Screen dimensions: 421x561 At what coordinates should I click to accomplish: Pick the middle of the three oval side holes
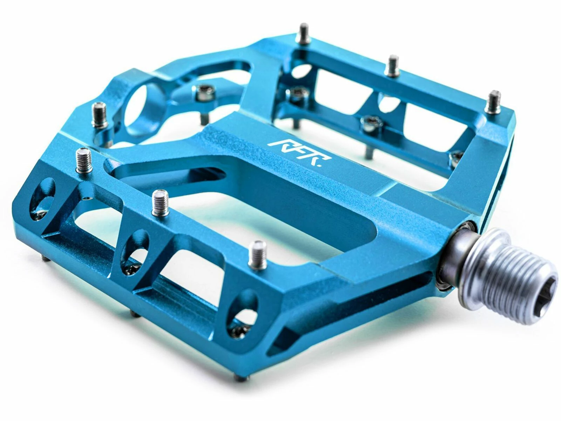pos(135,248)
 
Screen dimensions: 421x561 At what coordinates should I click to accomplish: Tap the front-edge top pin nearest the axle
pos(257,255)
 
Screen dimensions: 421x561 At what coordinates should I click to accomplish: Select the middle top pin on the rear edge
pos(392,66)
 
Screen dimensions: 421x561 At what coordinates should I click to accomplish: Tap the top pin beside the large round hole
pos(100,115)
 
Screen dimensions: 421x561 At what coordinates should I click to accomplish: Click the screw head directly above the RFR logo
pos(369,122)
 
